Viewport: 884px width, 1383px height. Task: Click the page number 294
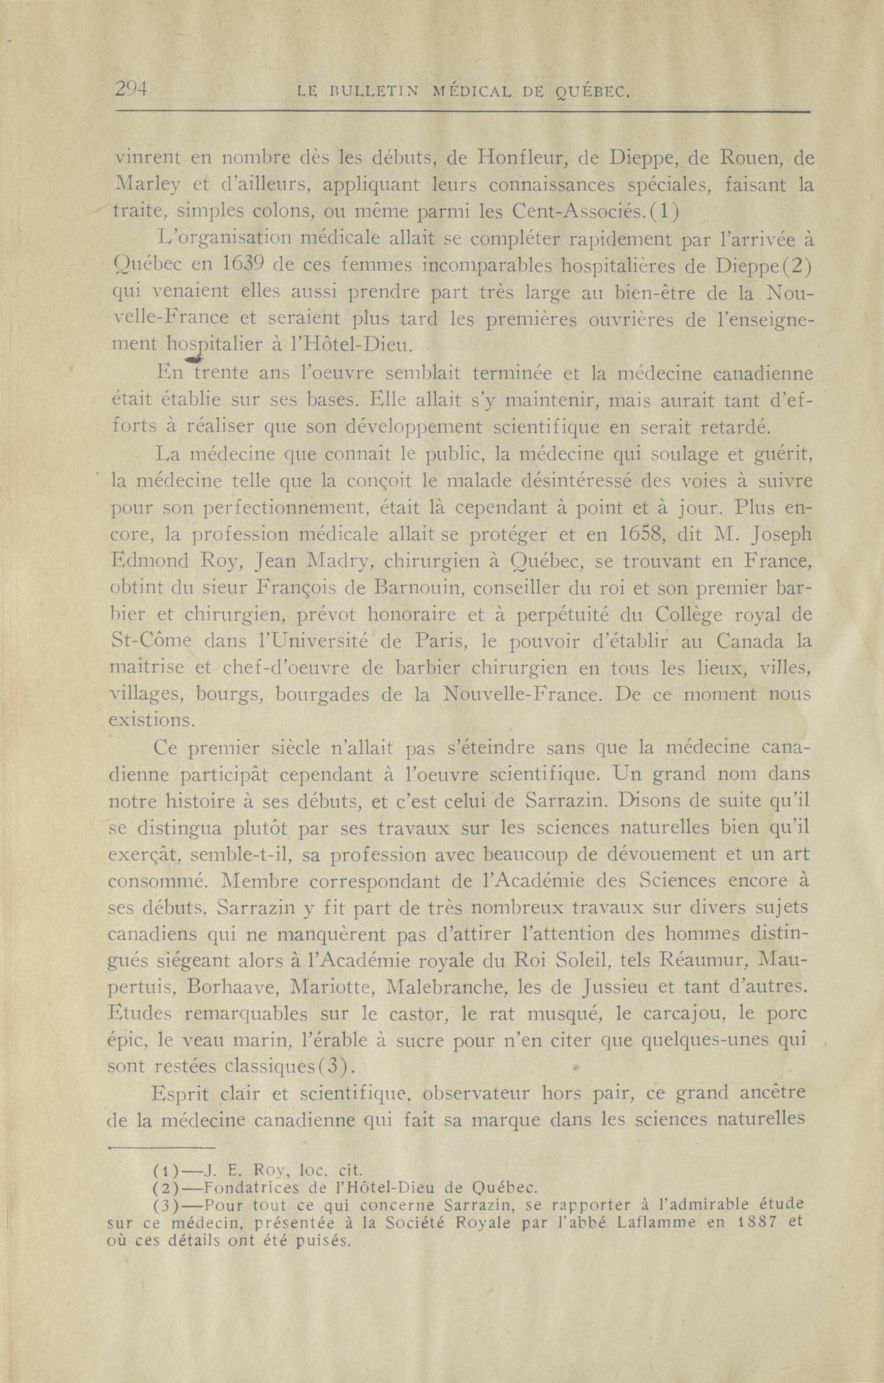pyautogui.click(x=132, y=89)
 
